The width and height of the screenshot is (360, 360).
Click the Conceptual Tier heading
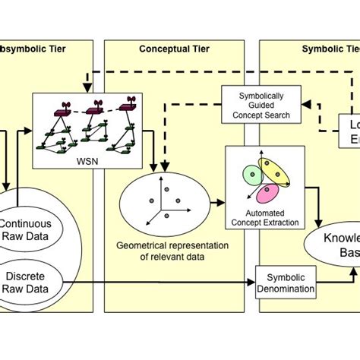click(x=174, y=49)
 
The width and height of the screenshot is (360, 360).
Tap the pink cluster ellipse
click(x=267, y=194)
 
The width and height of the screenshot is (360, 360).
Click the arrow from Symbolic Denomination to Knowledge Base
click(x=323, y=276)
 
